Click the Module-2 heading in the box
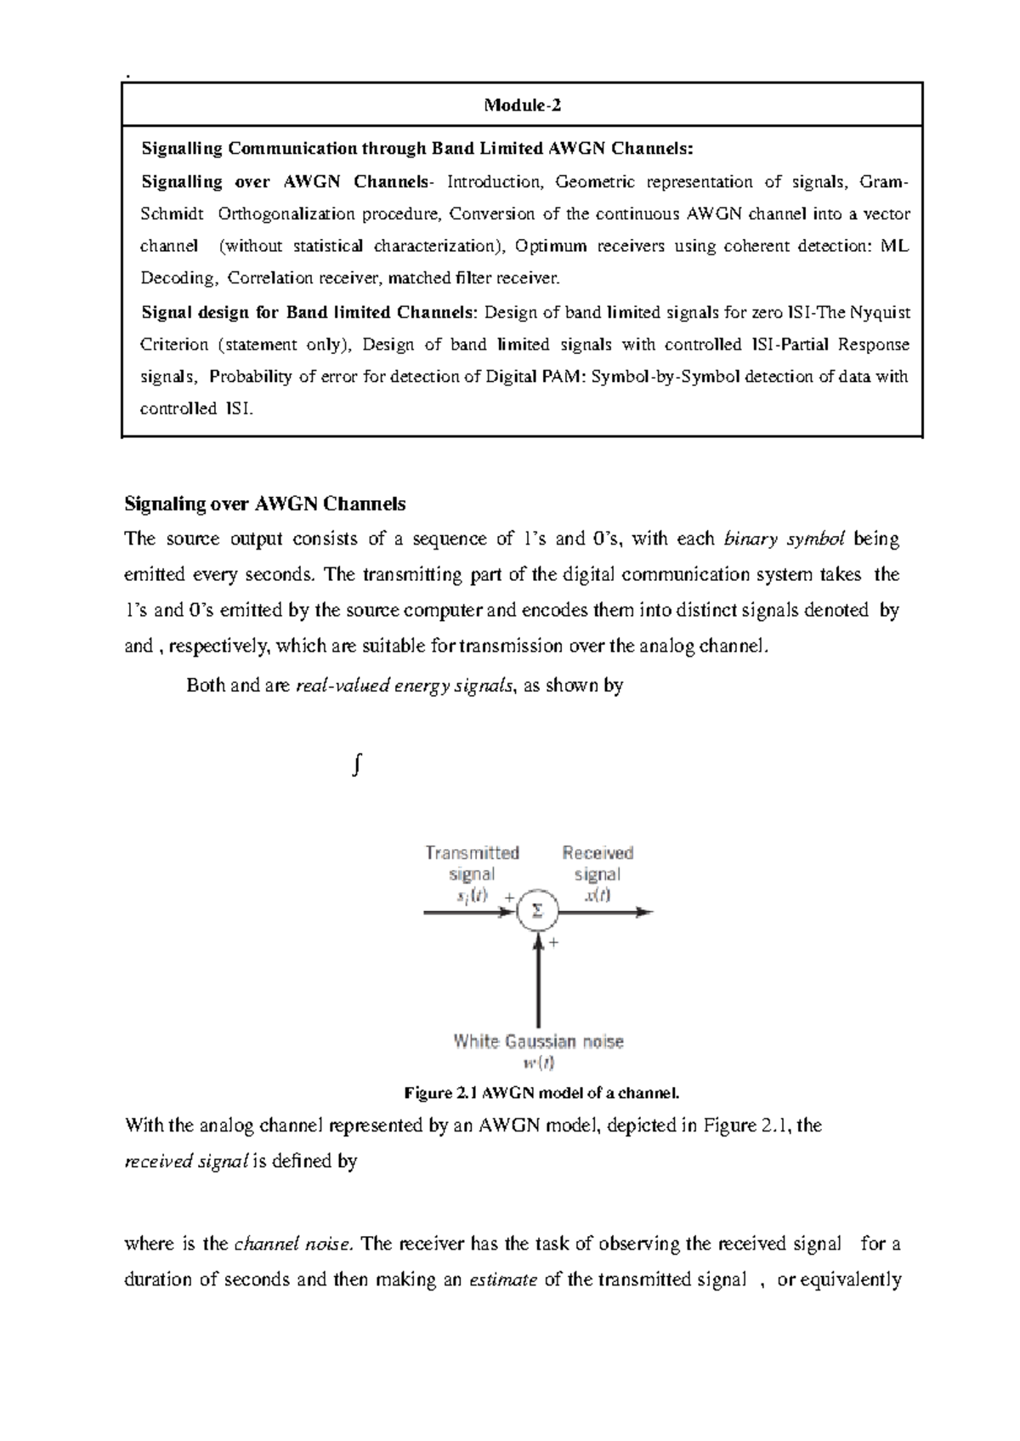pos(522,105)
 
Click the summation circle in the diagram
pos(536,911)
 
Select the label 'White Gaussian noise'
pos(538,1041)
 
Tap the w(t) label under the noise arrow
pos(538,1062)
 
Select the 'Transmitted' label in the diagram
pos(472,852)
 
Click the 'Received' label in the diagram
pos(598,852)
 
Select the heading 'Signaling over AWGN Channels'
pos(264,504)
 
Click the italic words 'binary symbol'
pos(784,538)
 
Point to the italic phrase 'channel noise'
pos(293,1244)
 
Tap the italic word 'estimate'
pos(502,1279)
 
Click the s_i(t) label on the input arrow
pos(472,895)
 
